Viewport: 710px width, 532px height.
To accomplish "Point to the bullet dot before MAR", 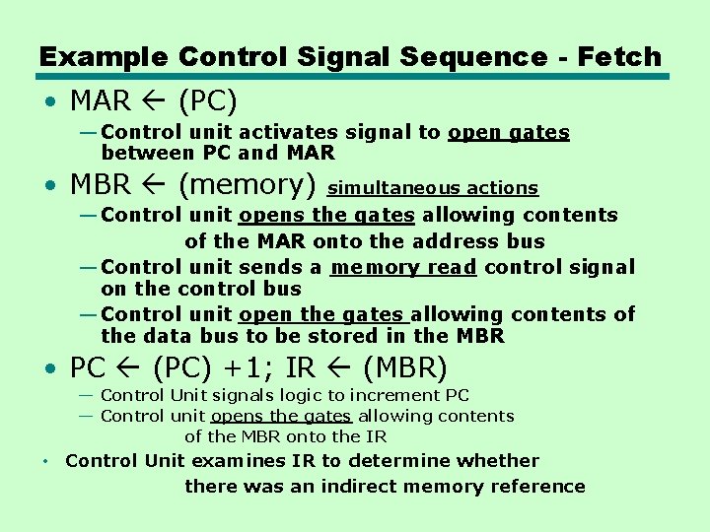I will (49, 101).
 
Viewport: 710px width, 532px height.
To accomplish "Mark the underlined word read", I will (453, 267).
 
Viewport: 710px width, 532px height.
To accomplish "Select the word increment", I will (390, 395).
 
